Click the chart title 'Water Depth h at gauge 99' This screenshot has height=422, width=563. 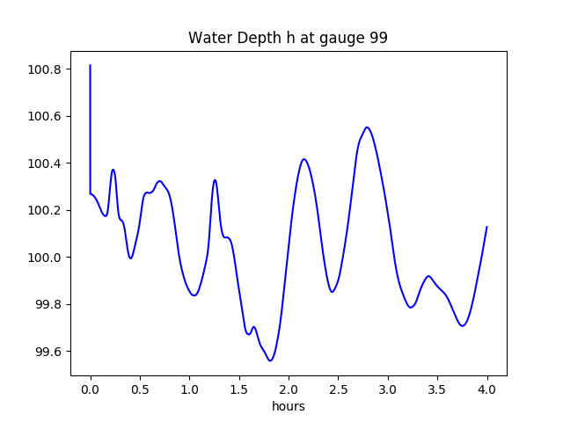288,39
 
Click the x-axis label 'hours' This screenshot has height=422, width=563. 288,407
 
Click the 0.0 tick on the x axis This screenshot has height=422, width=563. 91,389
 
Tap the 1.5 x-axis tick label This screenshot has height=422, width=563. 239,389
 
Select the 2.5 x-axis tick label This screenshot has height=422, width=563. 339,389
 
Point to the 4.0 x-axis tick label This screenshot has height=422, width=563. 487,389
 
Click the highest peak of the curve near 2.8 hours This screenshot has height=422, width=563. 367,127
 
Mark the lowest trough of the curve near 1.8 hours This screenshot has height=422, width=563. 270,360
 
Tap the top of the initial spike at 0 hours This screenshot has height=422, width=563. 91,65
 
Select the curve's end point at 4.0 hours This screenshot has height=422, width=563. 486,227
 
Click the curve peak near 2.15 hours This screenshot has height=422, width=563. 303,159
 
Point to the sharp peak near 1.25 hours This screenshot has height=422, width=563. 215,179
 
